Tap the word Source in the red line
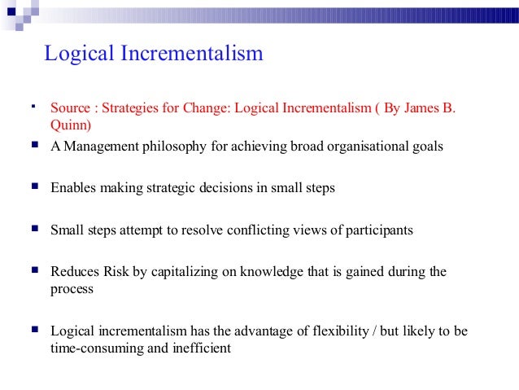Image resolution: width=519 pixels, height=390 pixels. click(x=68, y=108)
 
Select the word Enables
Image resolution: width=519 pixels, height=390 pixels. click(x=73, y=187)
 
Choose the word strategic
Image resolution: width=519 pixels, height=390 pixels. click(x=167, y=187)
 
